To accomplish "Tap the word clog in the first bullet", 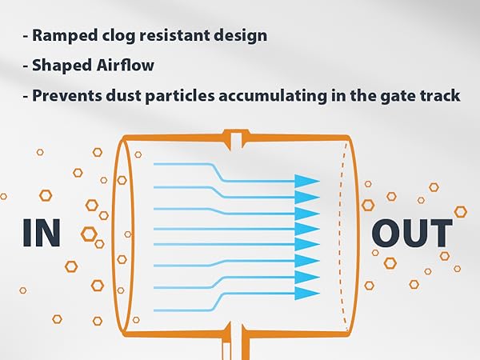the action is pos(118,36).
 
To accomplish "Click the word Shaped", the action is pos(62,66).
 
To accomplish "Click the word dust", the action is pos(123,95).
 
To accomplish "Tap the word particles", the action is pos(180,96).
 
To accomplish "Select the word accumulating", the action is pos(273,96).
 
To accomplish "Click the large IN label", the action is pos(42,233).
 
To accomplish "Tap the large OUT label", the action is pos(412,233).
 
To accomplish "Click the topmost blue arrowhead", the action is pos(307,181).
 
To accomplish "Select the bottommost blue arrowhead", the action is pos(307,294).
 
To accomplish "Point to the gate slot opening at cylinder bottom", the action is pos(236,342).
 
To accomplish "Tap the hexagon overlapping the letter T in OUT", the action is pos(460,211).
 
